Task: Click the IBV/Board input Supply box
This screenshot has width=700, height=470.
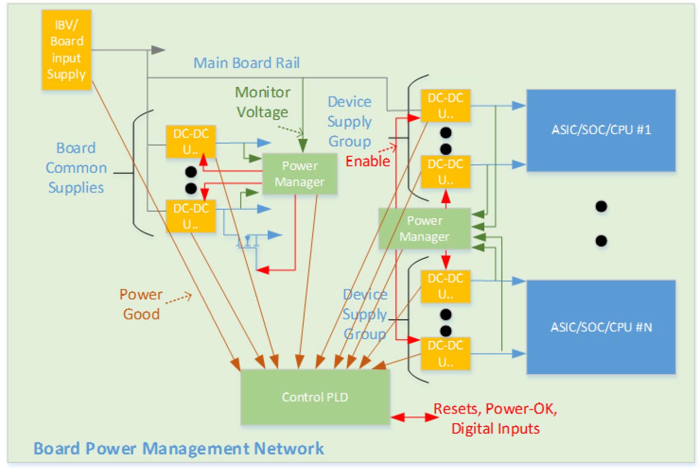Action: pos(66,50)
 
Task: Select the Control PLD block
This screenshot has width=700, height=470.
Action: pos(315,397)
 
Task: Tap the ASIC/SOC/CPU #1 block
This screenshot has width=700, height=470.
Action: pos(601,130)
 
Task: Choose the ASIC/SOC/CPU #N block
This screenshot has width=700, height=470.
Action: pos(601,327)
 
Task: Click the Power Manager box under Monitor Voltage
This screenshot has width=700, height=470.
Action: pos(299,174)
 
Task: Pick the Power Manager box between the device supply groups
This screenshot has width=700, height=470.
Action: pos(424,228)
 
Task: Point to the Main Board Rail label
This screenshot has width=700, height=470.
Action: pos(246,63)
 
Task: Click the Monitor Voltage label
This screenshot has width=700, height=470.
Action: pos(262,102)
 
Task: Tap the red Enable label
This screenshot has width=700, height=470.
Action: pos(368,161)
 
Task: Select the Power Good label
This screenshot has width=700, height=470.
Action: pos(141,304)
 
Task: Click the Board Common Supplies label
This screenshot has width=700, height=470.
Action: pos(76,168)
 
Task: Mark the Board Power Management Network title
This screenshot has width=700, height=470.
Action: pos(178,449)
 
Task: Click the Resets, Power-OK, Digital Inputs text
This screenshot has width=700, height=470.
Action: pos(495,418)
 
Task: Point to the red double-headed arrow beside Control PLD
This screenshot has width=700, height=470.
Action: pos(414,417)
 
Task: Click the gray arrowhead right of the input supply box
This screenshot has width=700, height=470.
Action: pos(158,50)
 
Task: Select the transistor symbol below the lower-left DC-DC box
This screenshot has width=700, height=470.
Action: pos(247,240)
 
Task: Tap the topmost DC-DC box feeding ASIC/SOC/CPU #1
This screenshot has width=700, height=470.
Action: pos(445,106)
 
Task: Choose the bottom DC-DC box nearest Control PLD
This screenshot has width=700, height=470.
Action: pos(445,353)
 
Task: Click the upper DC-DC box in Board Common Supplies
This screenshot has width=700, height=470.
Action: pos(190,141)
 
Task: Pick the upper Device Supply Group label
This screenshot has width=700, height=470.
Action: pos(350,121)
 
